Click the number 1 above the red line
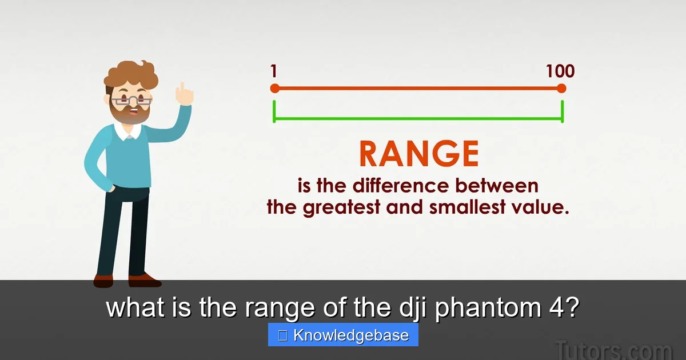click(274, 71)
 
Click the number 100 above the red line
click(560, 71)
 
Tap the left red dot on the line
click(275, 89)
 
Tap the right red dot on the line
click(561, 89)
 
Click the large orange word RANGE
click(418, 154)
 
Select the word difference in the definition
click(401, 186)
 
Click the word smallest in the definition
click(467, 207)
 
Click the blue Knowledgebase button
click(343, 335)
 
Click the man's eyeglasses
click(131, 101)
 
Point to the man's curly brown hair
click(131, 75)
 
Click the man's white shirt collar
click(128, 131)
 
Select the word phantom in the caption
click(488, 307)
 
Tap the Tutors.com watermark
click(613, 349)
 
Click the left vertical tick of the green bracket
click(274, 111)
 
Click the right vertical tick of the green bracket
click(563, 111)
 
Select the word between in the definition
click(496, 186)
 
